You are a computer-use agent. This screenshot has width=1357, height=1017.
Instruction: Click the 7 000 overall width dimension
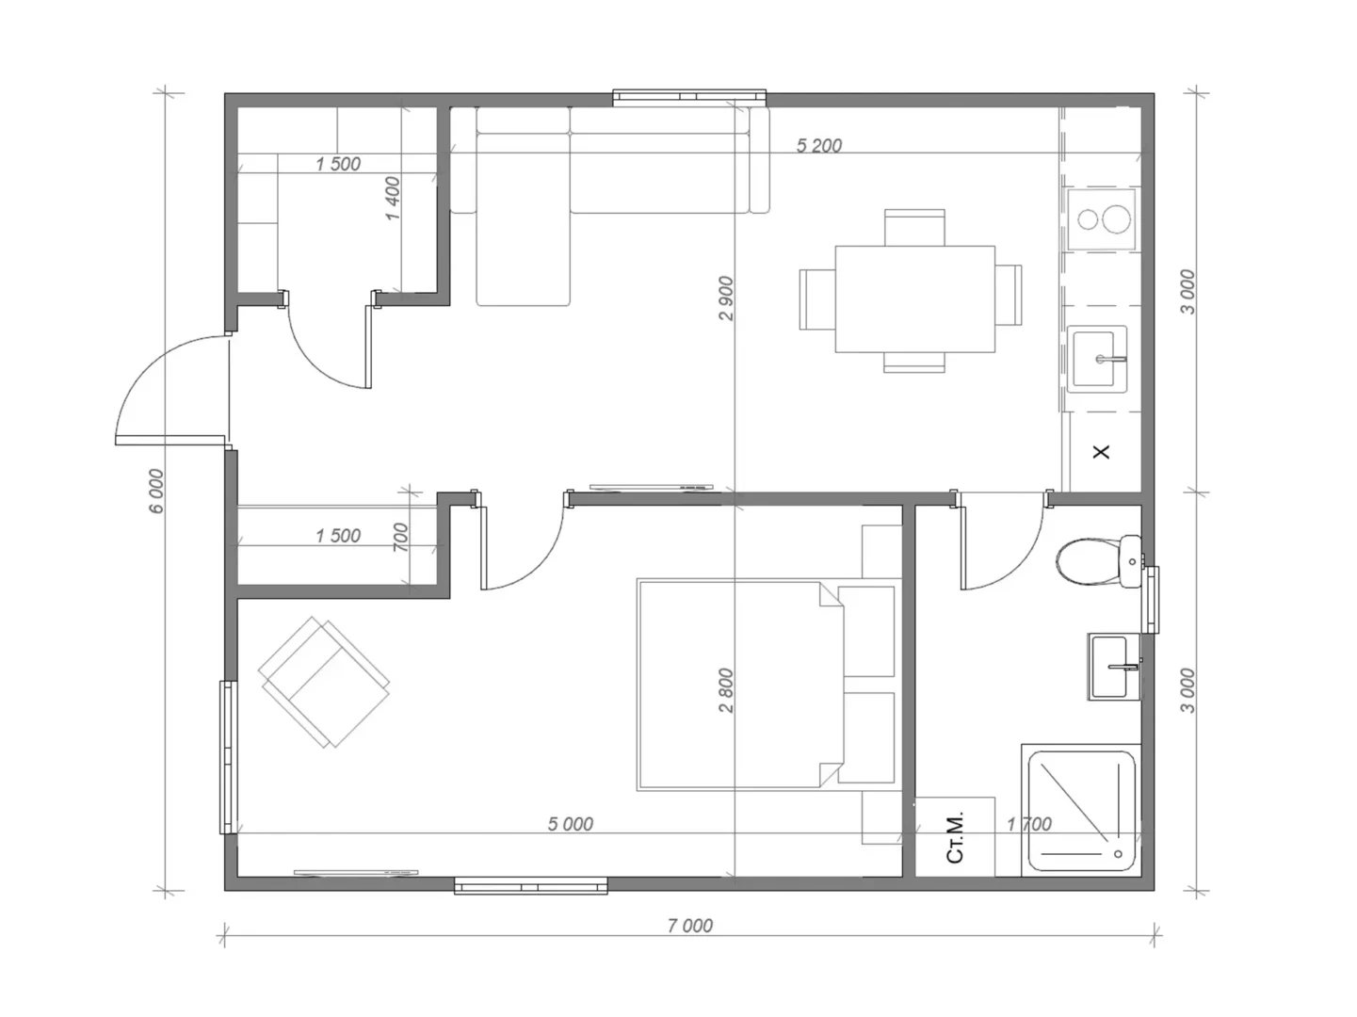689,926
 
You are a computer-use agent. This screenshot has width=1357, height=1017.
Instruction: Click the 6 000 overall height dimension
157,491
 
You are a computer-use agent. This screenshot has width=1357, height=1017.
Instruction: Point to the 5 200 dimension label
818,146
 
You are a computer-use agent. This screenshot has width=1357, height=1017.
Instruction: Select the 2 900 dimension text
726,298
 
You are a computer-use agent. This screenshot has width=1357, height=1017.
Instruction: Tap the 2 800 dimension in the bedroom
726,690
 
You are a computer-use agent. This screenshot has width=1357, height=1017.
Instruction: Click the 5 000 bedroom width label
570,824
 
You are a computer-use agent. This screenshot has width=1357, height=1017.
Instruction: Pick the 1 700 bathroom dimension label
1028,824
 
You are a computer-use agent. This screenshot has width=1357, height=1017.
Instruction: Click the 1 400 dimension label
393,199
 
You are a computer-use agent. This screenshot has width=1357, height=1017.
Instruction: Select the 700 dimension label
400,538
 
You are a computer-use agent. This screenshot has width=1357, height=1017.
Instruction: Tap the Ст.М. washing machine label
955,838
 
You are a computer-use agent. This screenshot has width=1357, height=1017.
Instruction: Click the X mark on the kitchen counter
1101,452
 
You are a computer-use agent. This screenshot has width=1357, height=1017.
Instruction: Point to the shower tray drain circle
1118,854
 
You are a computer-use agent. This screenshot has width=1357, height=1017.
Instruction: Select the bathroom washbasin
1114,667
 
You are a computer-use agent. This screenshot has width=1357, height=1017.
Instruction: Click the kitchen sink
1097,359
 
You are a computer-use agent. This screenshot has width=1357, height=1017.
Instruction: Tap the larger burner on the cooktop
1116,219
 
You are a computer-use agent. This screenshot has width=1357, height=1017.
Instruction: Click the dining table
915,299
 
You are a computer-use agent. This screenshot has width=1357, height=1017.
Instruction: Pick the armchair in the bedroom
324,682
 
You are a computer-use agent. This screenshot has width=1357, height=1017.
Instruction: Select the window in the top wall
689,97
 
